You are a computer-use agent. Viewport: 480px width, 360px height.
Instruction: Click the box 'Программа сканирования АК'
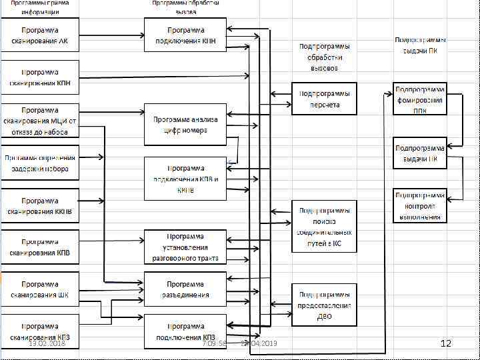tap(40, 35)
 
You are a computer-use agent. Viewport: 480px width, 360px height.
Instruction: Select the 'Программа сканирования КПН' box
tap(40, 77)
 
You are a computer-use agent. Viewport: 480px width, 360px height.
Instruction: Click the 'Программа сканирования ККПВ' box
tap(40, 205)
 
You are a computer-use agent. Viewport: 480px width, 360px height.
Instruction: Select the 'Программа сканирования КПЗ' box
tap(40, 331)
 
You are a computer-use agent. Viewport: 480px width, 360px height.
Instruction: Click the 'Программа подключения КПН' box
tap(185, 35)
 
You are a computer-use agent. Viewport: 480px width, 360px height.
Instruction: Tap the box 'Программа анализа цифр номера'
tap(185, 125)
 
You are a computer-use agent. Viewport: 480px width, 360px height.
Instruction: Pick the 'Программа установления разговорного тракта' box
tap(185, 247)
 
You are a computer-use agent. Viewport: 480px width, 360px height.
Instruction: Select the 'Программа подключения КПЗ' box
tap(185, 331)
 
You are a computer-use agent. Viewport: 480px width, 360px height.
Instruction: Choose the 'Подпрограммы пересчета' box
tap(324, 99)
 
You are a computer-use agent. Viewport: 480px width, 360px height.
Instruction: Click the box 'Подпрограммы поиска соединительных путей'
tap(324, 226)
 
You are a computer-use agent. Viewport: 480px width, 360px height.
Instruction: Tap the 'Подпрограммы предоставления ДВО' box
tap(324, 305)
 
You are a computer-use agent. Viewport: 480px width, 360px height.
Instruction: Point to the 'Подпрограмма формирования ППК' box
tap(419, 99)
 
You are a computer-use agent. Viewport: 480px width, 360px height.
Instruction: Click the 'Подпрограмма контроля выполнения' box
tap(419, 206)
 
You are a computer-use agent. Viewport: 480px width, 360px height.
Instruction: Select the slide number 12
tap(446, 343)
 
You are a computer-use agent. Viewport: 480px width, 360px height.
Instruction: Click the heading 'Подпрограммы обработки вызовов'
tap(324, 57)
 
